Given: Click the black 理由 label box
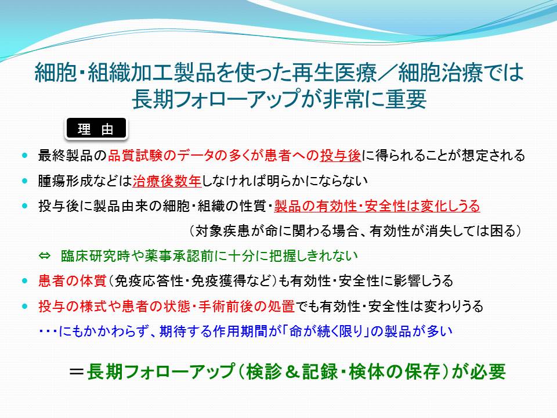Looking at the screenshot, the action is pos(96,128).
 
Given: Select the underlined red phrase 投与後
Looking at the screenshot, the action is pos(341,156).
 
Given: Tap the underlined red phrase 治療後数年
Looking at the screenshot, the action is pos(167,181).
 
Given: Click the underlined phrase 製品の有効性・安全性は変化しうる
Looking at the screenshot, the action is pos(377,206).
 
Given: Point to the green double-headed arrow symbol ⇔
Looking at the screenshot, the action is pos(45,256).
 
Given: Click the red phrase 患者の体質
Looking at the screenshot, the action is pos(73,281).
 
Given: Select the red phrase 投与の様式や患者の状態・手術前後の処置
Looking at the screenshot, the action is pos(167,307).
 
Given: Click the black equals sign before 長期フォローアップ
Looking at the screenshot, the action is pos(77,372).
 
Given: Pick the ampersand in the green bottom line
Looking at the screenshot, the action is pos(290,372).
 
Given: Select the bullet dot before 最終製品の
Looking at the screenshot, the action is pos(24,156).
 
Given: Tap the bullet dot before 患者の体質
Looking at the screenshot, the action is pos(24,281).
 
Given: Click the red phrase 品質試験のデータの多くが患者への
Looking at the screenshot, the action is pos(214,156).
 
